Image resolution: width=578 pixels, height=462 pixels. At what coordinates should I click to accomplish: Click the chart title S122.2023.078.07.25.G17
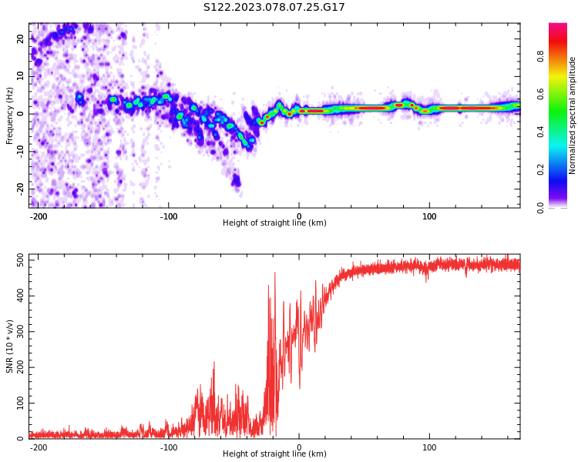point(274,8)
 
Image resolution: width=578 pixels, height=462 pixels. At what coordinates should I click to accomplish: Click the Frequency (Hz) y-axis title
point(10,115)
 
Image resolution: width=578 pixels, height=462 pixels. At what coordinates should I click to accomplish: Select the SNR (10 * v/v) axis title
point(10,346)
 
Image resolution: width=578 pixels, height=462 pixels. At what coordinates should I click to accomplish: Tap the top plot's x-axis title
point(274,223)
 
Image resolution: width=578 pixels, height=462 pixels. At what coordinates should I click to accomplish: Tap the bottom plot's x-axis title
point(274,454)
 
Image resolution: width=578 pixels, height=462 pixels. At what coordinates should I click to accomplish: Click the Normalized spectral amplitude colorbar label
point(573,115)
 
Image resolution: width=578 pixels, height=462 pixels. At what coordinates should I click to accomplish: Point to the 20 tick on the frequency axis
point(20,38)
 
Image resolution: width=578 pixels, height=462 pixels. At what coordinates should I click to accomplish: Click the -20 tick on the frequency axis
point(18,189)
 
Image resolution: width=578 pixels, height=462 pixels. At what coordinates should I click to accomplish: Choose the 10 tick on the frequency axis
point(20,75)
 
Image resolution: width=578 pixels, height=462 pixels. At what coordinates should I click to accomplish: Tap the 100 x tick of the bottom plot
point(429,447)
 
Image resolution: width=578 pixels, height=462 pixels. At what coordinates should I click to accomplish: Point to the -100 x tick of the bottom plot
point(169,447)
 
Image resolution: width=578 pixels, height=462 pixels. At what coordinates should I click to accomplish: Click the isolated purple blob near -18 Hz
point(236,182)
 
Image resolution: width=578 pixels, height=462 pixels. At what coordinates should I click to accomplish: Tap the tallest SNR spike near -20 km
point(274,273)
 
